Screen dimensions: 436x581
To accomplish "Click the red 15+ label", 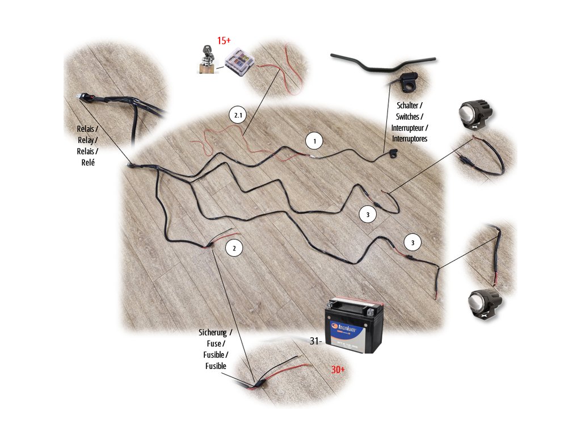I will click(x=224, y=41).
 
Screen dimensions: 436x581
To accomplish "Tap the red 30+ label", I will click(x=339, y=370).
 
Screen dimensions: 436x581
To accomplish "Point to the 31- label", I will click(x=316, y=341).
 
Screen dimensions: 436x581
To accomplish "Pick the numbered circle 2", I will click(x=234, y=248).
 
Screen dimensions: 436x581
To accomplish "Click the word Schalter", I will click(x=408, y=107).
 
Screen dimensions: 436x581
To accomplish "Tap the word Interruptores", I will click(x=409, y=139).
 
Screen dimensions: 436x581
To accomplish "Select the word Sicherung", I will click(x=213, y=333).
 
